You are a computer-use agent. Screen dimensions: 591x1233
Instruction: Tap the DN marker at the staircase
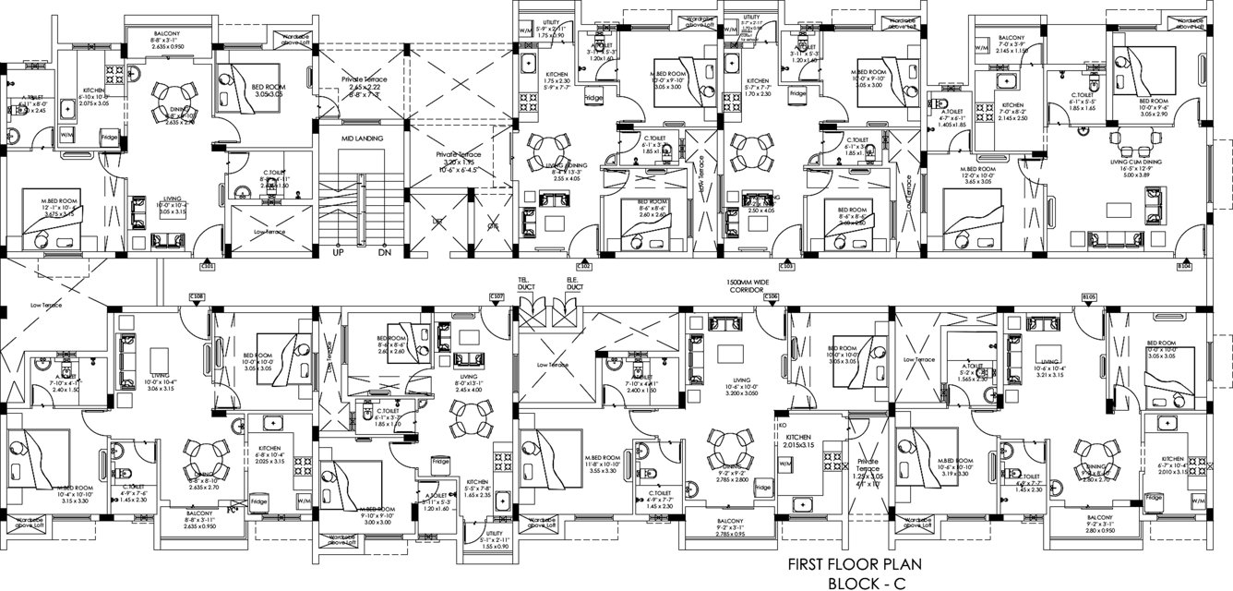(385, 251)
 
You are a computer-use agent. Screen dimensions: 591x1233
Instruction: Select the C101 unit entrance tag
(208, 266)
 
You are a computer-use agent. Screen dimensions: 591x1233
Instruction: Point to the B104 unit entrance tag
(1184, 266)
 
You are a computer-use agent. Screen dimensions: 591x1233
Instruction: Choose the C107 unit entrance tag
(497, 296)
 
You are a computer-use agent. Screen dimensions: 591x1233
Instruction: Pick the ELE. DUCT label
(572, 283)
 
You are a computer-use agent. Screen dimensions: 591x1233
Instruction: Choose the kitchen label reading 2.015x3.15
(798, 440)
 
